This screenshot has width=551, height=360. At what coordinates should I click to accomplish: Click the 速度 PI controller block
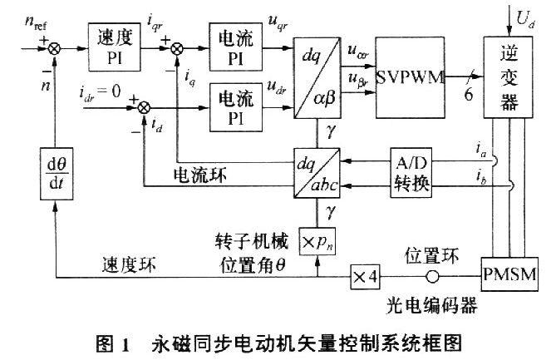coord(114,42)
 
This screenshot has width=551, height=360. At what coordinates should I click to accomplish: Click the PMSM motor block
coord(509,275)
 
